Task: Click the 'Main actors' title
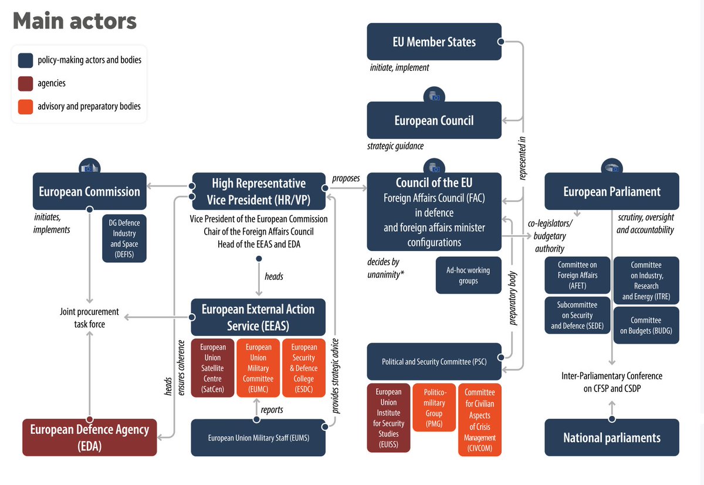[x=75, y=21]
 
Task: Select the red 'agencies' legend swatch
[x=25, y=83]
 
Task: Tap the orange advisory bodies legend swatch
[x=25, y=107]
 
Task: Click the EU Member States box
[x=434, y=42]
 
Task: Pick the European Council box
[x=434, y=120]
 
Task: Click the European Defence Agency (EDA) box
[x=90, y=437]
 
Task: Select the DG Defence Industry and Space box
[x=124, y=239]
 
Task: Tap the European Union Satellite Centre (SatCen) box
[x=212, y=368]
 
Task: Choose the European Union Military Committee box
[x=258, y=368]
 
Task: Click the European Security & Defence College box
[x=304, y=368]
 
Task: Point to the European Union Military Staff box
[x=258, y=437]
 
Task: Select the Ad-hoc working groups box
[x=468, y=275]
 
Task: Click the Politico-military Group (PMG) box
[x=434, y=408]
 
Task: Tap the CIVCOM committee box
[x=479, y=419]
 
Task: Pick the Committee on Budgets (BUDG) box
[x=646, y=325]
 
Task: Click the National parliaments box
[x=612, y=437]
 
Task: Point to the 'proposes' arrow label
[x=346, y=178]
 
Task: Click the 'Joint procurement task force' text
[x=89, y=317]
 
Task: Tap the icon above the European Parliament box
[x=612, y=167]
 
